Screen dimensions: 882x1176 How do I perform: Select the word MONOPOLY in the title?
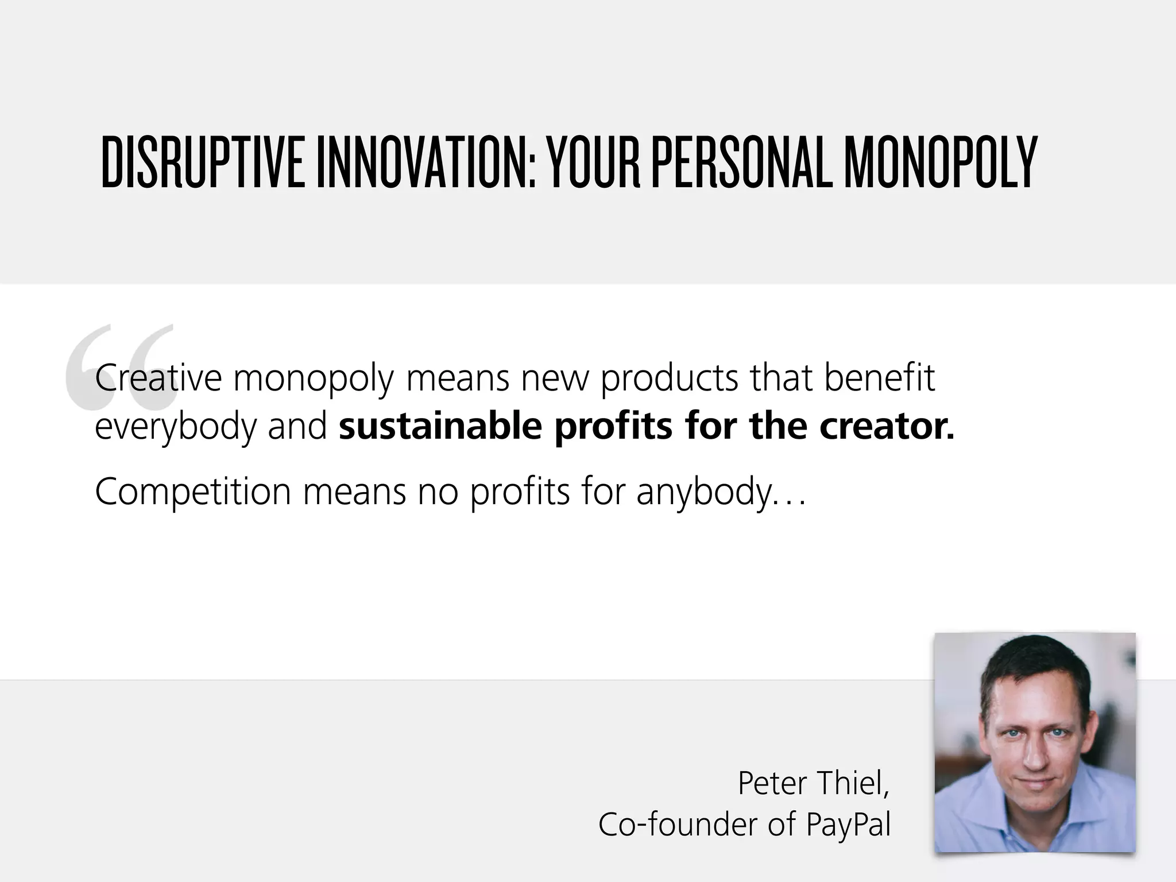click(x=940, y=163)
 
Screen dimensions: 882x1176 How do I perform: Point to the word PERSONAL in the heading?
click(x=742, y=163)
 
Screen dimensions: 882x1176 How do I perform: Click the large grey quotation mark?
click(x=118, y=367)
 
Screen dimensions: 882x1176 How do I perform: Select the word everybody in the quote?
click(x=175, y=428)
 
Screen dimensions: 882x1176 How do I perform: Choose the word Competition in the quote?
click(x=193, y=492)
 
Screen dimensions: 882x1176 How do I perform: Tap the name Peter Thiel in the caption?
click(x=813, y=783)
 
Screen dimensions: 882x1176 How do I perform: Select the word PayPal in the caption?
click(x=848, y=825)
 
